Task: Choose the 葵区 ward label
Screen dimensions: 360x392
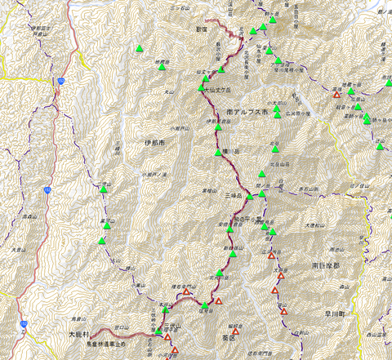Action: pos(228,336)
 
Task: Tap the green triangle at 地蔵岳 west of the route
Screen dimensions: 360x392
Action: pos(163,67)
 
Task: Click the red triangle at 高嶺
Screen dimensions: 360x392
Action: pos(336,95)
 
